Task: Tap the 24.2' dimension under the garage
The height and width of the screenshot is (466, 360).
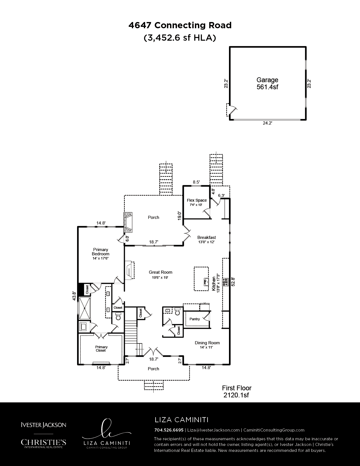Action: click(267, 123)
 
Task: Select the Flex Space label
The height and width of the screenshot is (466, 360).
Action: click(197, 200)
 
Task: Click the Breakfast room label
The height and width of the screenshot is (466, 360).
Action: click(206, 238)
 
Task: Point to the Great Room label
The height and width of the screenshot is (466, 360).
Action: click(161, 272)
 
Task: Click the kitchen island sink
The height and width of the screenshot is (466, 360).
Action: click(206, 281)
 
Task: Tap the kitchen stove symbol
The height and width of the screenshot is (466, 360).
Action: click(225, 282)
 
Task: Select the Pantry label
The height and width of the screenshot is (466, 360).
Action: click(195, 319)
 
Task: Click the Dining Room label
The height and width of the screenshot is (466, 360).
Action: click(207, 343)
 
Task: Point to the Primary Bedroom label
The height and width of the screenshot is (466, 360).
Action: click(101, 252)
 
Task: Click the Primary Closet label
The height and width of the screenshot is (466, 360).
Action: click(101, 349)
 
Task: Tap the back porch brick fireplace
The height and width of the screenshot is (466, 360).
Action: click(128, 222)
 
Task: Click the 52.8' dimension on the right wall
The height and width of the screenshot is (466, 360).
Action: click(233, 282)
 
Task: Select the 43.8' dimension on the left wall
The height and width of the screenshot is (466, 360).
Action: click(74, 296)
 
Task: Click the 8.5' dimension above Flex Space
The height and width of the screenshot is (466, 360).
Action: click(196, 182)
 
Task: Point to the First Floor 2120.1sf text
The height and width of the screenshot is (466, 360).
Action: click(237, 391)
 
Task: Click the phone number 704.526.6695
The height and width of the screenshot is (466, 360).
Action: click(169, 430)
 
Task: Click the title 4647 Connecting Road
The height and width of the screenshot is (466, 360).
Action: click(180, 25)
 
